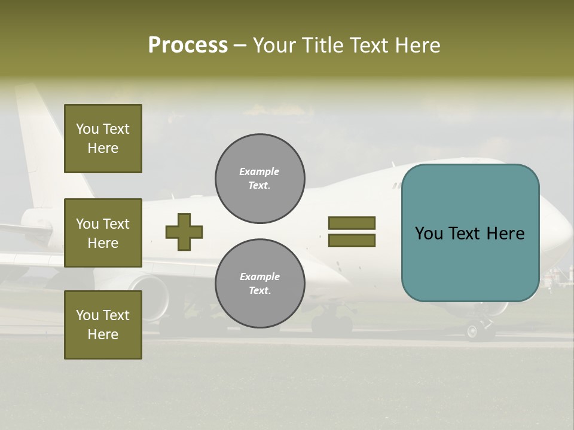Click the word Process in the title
point(188,45)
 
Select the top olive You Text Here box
point(103,139)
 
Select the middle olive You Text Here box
point(103,233)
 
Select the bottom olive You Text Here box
point(103,325)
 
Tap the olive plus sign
point(184,232)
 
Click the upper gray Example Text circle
point(260,179)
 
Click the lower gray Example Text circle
point(260,284)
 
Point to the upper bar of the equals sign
point(352,223)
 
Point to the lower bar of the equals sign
point(352,241)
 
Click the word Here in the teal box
point(505,234)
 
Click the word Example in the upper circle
point(259,171)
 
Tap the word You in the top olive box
point(87,129)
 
